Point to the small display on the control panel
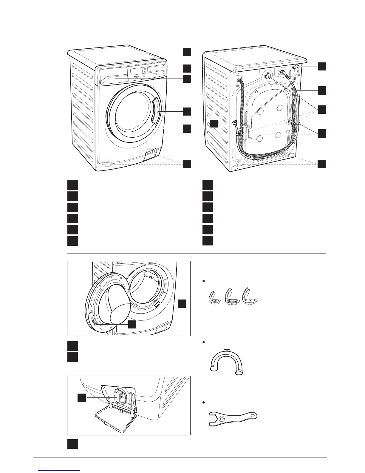point(153,70)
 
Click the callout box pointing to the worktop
point(187,52)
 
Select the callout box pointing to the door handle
point(187,111)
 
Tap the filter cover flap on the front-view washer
point(151,155)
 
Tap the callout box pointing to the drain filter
point(82,397)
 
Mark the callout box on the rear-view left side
point(214,123)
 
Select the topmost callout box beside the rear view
point(322,66)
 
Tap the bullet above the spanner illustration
point(203,403)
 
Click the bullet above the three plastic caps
point(203,281)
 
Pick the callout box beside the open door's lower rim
point(132,324)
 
